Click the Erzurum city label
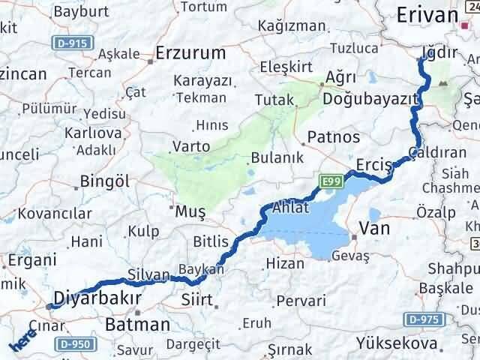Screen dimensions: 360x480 pyautogui.click(x=190, y=53)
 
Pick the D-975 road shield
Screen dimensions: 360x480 pyautogui.click(x=421, y=319)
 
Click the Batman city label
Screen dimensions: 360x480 pyautogui.click(x=137, y=325)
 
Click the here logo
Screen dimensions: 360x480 pyautogui.click(x=22, y=342)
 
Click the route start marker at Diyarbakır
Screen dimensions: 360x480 pyautogui.click(x=49, y=306)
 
